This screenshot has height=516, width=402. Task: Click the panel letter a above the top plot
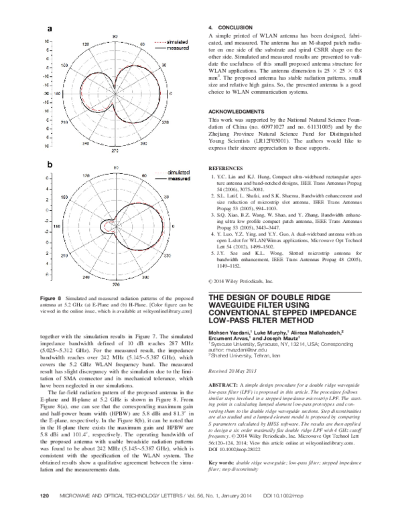(x=49, y=28)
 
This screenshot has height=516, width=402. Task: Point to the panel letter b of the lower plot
(x=49, y=163)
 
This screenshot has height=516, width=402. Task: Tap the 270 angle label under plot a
(x=114, y=151)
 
